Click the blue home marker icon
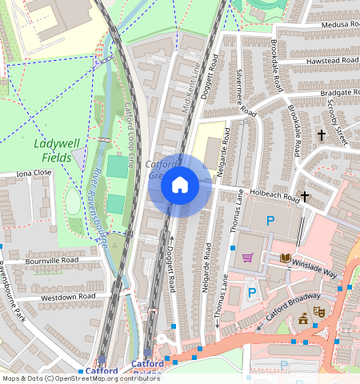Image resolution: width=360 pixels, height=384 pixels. pyautogui.click(x=180, y=186)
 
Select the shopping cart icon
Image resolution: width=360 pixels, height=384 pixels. pyautogui.click(x=247, y=258)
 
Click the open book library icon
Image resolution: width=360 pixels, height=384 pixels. pyautogui.click(x=286, y=258)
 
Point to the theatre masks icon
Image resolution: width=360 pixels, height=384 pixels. pyautogui.click(x=318, y=311)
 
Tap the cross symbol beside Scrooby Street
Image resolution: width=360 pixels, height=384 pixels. pyautogui.click(x=322, y=136)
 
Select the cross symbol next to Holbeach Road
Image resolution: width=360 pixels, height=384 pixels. pyautogui.click(x=305, y=196)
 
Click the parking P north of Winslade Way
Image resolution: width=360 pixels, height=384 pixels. pyautogui.click(x=270, y=220)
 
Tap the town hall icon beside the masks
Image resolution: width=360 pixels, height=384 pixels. pyautogui.click(x=302, y=319)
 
